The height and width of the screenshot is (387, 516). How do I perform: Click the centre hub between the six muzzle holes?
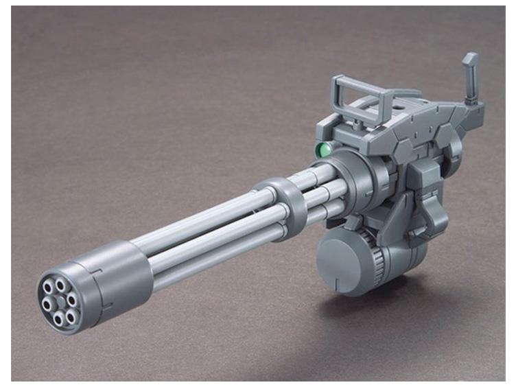[x=60, y=301]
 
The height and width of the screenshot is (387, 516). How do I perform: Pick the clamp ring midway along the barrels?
[x=281, y=205]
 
